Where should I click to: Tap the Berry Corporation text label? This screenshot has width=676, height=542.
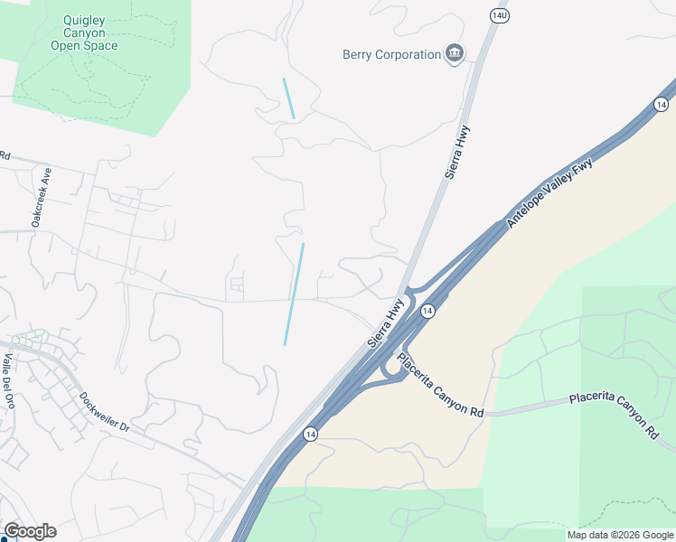coord(391,55)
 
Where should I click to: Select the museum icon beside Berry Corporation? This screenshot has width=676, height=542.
coord(455,54)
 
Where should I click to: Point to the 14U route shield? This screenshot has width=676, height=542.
coord(499,15)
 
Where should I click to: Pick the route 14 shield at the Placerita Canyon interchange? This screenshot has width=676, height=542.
coord(428,311)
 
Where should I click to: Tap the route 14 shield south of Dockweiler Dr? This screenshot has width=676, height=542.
coord(310,435)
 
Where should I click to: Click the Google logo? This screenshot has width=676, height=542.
coord(30,531)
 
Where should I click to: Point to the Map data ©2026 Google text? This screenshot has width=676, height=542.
coord(619,535)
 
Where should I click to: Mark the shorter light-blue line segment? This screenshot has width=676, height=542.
coord(288,98)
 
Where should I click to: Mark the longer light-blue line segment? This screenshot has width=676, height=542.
coord(294,294)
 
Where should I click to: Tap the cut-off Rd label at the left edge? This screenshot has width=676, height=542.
coord(5,155)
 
